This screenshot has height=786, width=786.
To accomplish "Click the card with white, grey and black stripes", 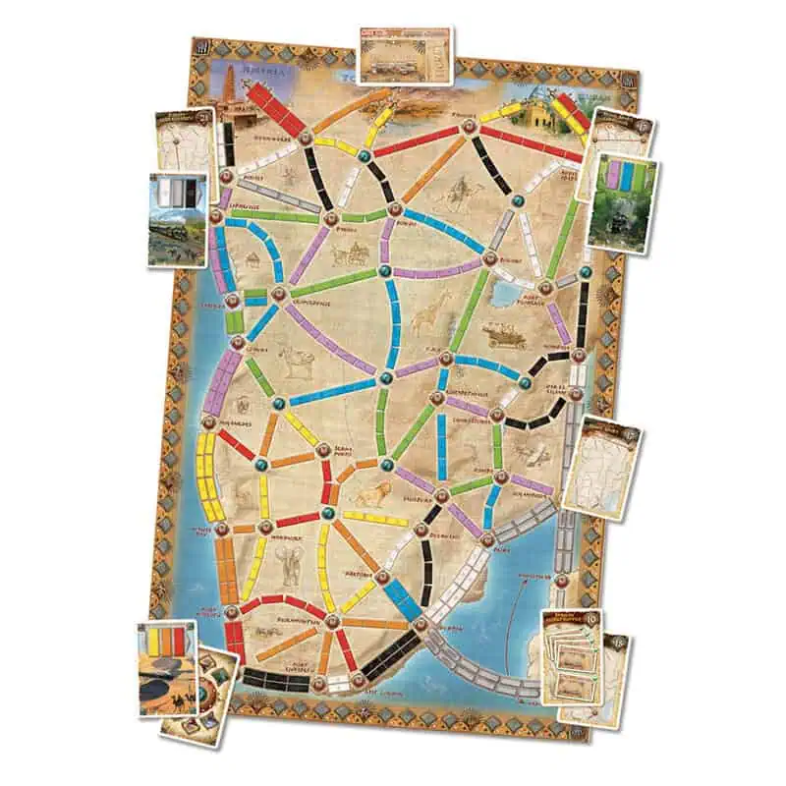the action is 179,218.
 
